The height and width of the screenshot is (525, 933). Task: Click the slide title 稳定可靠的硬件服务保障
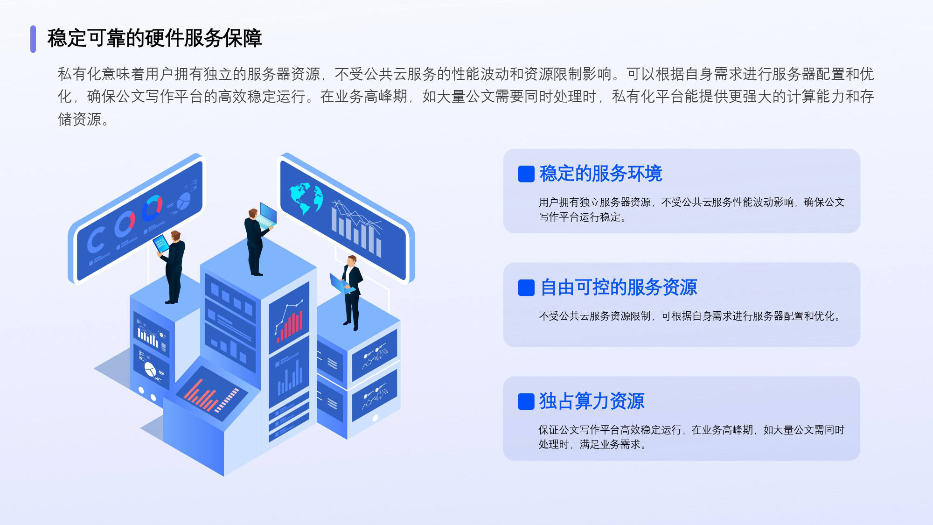tap(154, 38)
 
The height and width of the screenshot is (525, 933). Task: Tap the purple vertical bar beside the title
tap(33, 39)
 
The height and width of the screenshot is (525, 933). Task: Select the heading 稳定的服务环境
tap(601, 174)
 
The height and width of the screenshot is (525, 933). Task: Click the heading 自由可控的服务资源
tap(619, 287)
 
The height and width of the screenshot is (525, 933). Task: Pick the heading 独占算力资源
tap(592, 401)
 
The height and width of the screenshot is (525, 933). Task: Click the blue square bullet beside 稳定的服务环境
tap(526, 174)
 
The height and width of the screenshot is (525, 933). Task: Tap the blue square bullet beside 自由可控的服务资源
tap(526, 288)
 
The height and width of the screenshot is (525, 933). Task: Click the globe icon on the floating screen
tap(306, 197)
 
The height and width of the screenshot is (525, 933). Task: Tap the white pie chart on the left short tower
tap(150, 370)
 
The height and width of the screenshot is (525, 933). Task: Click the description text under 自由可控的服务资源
tap(689, 316)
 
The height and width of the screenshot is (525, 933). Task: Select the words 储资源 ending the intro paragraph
tap(79, 119)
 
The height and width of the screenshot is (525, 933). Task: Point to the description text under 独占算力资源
tap(691, 437)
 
